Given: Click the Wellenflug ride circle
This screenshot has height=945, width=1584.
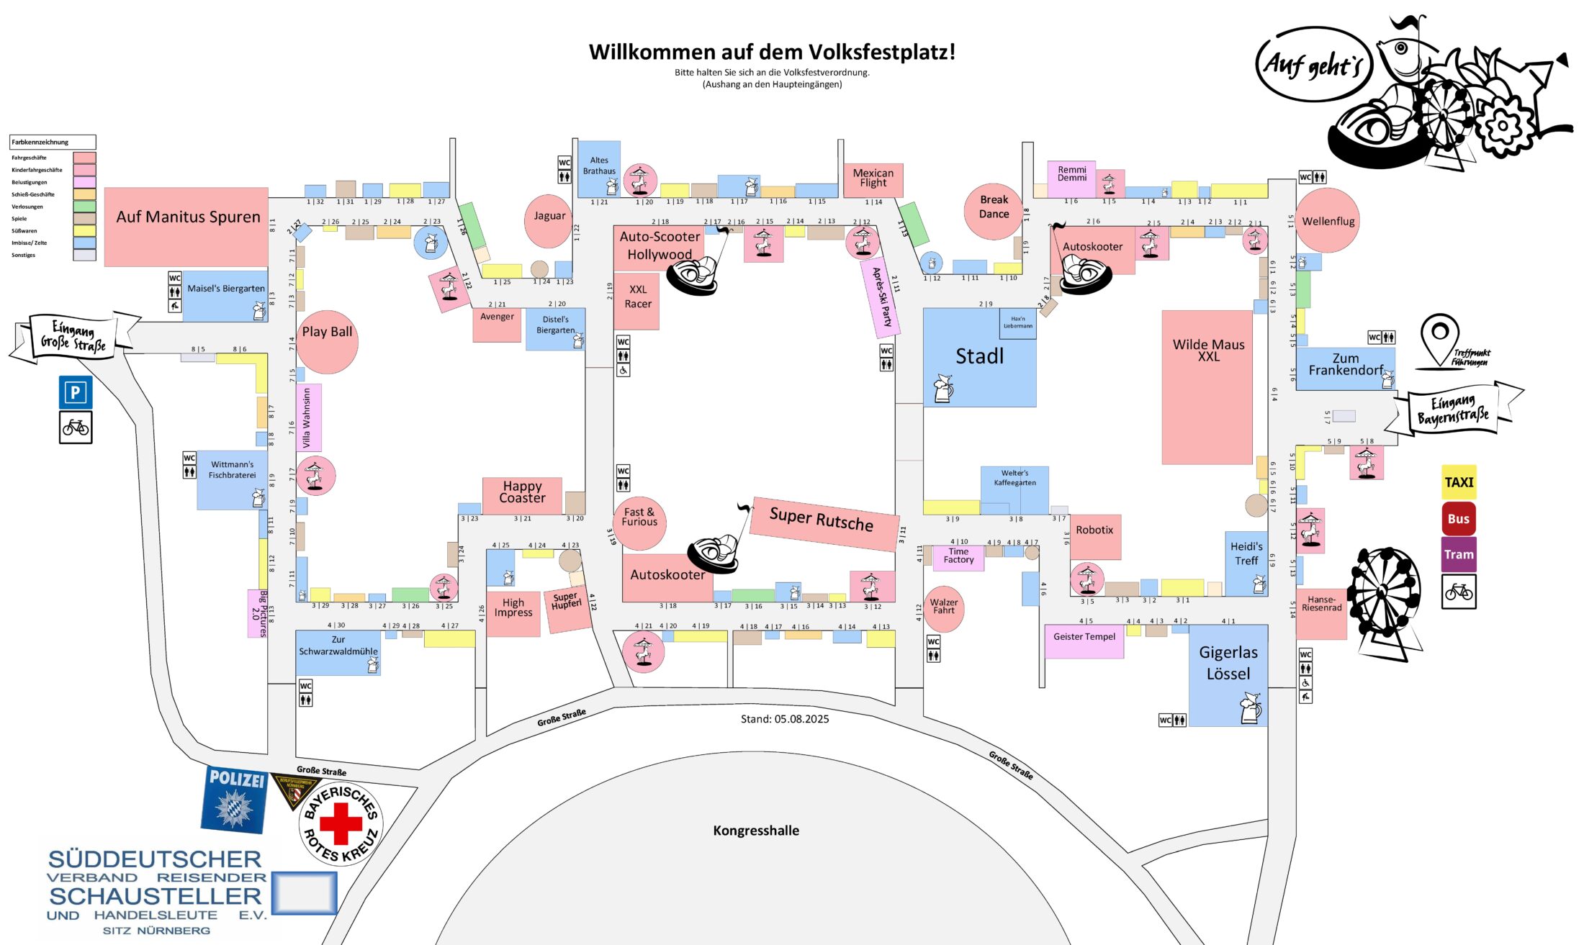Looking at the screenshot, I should (1328, 221).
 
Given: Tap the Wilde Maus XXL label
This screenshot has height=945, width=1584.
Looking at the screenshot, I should (1208, 350).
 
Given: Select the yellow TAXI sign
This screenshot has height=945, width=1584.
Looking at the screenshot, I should (1459, 482).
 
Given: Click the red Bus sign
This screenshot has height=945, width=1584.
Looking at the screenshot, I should (1459, 518).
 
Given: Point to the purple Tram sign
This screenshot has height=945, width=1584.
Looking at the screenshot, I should (1459, 554).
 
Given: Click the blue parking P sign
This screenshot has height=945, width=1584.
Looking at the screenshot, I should (76, 392).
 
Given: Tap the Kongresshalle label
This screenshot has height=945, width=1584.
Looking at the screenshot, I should (756, 831).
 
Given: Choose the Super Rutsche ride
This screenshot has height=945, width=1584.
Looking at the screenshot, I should (822, 520).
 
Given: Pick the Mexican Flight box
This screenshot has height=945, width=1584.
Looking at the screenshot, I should (873, 178).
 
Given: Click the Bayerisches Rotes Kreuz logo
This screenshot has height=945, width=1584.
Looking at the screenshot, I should (341, 823).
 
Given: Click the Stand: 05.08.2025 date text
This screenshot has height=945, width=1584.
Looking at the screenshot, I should (785, 719).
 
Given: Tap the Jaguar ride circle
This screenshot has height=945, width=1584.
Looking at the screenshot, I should (549, 219).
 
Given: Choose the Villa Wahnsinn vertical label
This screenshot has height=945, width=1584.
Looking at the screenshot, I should (308, 417).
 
